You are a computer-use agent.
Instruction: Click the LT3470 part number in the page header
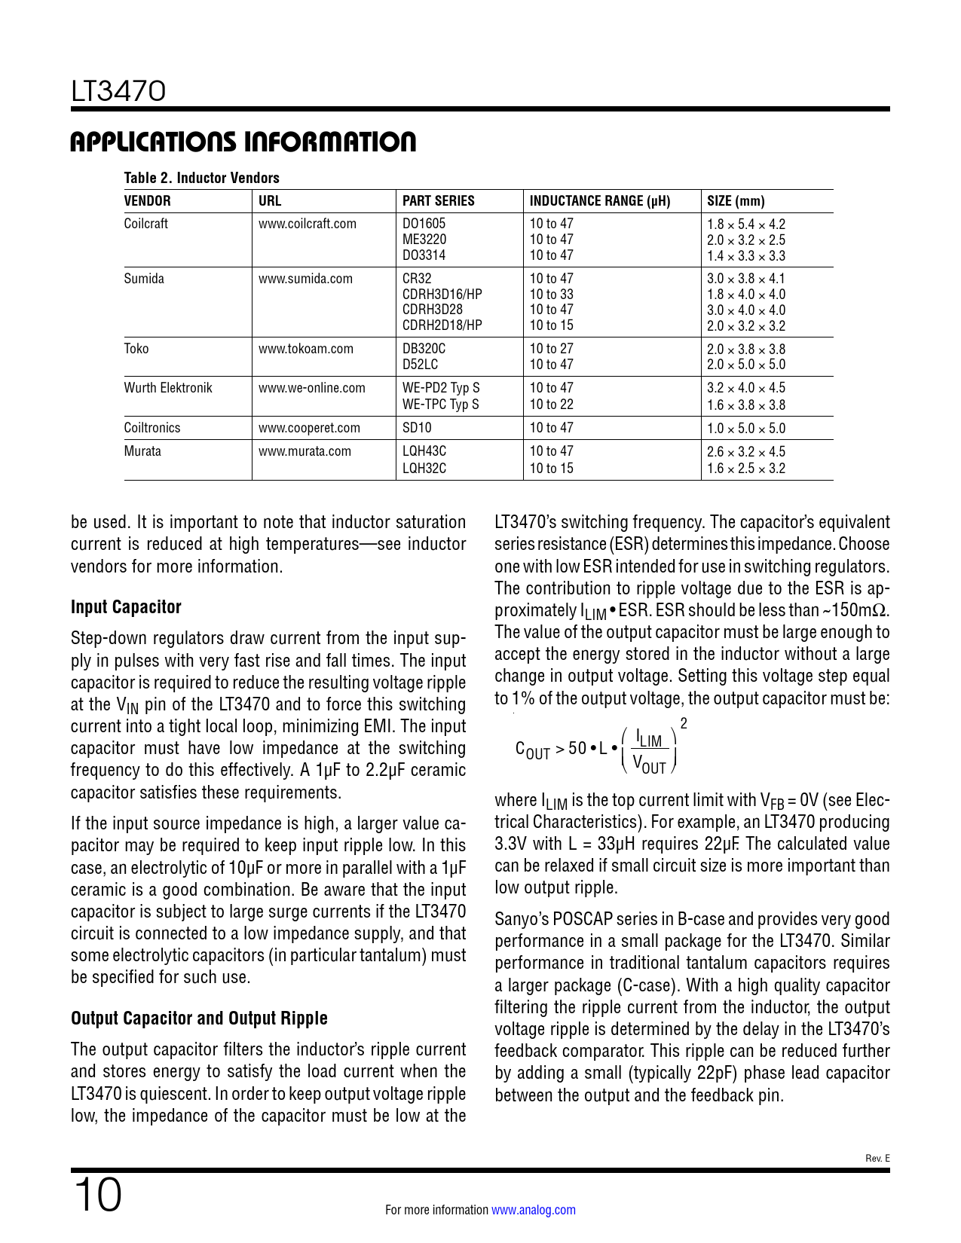click(x=118, y=92)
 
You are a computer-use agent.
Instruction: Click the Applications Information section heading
click(x=243, y=142)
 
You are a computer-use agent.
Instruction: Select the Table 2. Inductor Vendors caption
click(x=201, y=178)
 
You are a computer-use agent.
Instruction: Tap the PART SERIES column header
click(x=438, y=201)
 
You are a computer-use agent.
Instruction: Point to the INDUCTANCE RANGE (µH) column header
click(x=599, y=201)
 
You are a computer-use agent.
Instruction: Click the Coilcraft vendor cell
click(x=145, y=224)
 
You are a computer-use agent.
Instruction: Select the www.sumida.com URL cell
click(x=305, y=279)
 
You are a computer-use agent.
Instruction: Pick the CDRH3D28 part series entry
click(x=432, y=310)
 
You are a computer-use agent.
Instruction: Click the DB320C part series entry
click(x=424, y=349)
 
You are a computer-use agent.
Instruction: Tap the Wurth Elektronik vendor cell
click(x=168, y=388)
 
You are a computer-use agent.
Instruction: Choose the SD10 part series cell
click(x=417, y=428)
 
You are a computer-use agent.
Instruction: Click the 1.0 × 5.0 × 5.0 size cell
click(x=745, y=429)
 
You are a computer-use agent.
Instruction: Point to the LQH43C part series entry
click(x=424, y=451)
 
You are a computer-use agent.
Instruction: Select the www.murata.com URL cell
click(x=305, y=451)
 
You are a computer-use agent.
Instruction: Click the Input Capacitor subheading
click(x=126, y=607)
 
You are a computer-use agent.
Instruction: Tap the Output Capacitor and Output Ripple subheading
click(x=199, y=1019)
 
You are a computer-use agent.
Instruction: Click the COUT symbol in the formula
click(x=532, y=750)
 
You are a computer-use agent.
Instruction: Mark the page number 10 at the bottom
click(x=97, y=1196)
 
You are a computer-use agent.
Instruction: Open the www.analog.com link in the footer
click(x=534, y=1210)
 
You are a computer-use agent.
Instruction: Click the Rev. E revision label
click(x=877, y=1159)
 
